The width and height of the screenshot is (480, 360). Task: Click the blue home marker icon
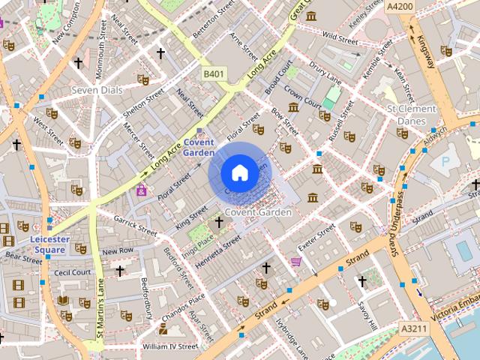[x=239, y=173]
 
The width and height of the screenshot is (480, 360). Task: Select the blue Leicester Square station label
[x=50, y=244]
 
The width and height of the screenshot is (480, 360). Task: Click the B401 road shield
[x=214, y=73]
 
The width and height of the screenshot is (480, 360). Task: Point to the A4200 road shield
[x=400, y=6]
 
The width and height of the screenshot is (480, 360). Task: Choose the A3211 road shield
[x=412, y=328]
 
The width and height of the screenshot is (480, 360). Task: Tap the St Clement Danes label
[x=411, y=115]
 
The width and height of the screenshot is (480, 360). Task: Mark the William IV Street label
[x=169, y=346]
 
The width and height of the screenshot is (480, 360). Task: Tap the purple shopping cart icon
[x=296, y=262]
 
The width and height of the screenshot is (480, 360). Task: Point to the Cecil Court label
[x=73, y=272]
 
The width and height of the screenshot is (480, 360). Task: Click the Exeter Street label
[x=316, y=238]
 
